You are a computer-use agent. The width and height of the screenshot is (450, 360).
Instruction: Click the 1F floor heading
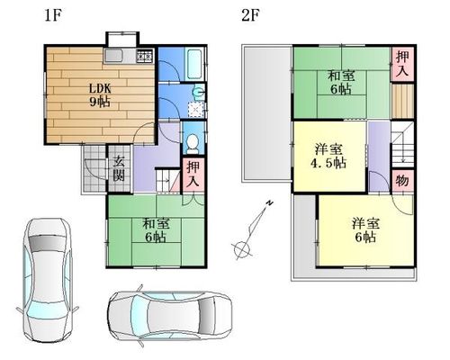coord(53,15)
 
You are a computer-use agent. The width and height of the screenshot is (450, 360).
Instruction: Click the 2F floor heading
coord(250,15)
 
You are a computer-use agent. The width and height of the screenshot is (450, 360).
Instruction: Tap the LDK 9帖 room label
coord(100,95)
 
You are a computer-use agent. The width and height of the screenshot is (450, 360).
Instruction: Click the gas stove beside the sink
coord(145,56)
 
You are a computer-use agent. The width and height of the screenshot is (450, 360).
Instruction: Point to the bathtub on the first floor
coord(195,64)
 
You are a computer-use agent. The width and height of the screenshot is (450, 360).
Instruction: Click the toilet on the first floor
coord(193,143)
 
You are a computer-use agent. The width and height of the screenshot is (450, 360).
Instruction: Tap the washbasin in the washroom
coord(199,92)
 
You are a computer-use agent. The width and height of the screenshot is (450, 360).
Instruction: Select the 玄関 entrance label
coord(119,168)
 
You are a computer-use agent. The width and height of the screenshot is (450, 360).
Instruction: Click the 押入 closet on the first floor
coord(193,175)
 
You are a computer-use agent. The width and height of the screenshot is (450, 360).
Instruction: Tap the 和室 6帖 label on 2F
coord(341,82)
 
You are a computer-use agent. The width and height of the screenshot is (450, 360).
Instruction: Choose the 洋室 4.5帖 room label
coord(328,156)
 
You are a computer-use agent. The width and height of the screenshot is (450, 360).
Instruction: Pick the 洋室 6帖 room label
coord(366,230)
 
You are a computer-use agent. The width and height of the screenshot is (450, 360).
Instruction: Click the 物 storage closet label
coord(402,181)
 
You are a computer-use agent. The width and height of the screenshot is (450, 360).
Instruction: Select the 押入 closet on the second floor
coord(402,64)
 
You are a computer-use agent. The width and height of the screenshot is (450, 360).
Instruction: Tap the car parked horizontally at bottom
coord(170,317)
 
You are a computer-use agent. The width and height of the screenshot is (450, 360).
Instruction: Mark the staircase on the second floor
coord(402,144)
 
